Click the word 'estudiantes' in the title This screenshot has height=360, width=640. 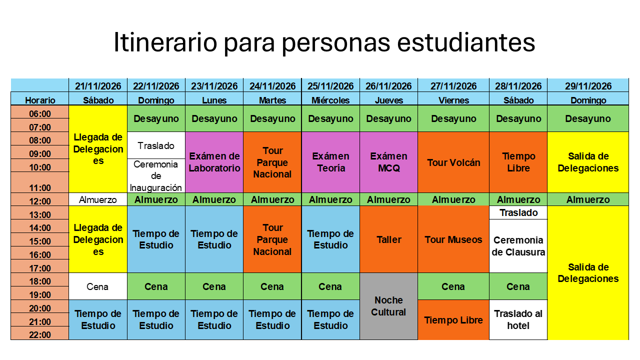(x=465, y=42)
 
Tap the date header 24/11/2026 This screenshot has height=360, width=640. (x=272, y=85)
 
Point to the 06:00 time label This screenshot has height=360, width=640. (x=39, y=113)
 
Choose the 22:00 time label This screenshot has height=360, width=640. (x=39, y=335)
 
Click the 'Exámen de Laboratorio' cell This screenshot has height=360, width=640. (x=214, y=162)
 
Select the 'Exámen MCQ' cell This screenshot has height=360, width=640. (x=388, y=162)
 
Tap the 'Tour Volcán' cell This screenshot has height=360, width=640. (x=453, y=162)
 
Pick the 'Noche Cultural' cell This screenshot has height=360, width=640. (x=388, y=306)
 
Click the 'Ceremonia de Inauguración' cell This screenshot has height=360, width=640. (x=156, y=175)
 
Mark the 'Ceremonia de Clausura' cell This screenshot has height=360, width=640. (x=518, y=246)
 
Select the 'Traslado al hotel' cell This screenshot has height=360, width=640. (x=518, y=319)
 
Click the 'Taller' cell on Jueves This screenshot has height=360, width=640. (x=388, y=239)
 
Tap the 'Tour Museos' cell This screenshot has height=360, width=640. (x=453, y=239)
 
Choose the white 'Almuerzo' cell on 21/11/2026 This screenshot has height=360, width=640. (x=97, y=199)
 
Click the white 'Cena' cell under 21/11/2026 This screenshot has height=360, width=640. (x=97, y=286)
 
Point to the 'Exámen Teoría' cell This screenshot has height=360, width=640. (x=330, y=162)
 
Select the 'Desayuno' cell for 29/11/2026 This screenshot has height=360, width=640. (x=588, y=118)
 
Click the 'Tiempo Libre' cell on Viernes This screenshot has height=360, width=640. (x=453, y=319)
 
